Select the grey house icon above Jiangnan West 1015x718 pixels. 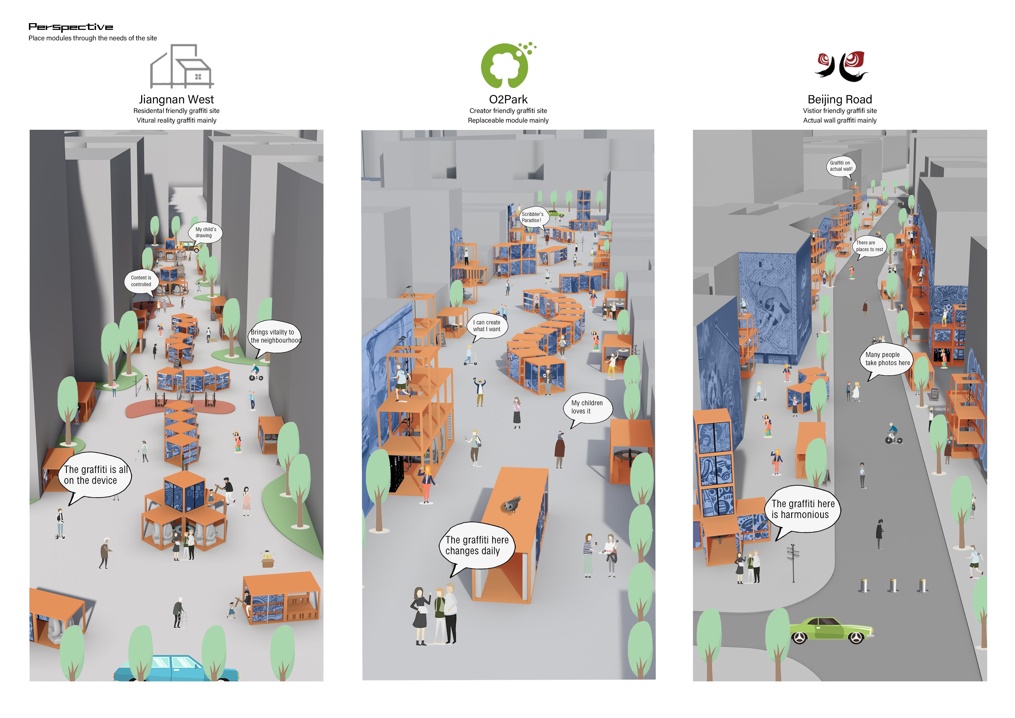pyautogui.click(x=182, y=66)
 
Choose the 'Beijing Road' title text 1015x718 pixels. pyautogui.click(x=839, y=99)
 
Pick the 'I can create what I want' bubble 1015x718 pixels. pyautogui.click(x=487, y=326)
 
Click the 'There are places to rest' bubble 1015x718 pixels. pyautogui.click(x=869, y=246)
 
